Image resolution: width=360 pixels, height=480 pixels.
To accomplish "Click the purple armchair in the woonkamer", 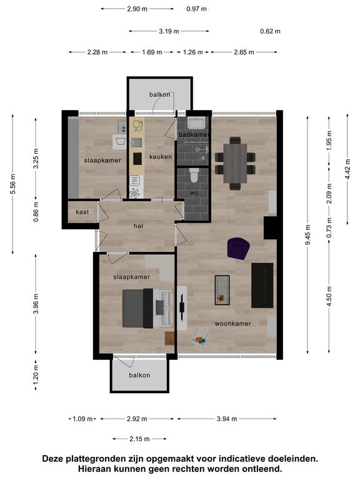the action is pyautogui.click(x=239, y=249).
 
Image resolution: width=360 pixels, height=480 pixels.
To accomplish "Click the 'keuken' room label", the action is pyautogui.click(x=161, y=157).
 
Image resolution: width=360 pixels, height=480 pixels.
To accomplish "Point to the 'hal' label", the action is pyautogui.click(x=138, y=226).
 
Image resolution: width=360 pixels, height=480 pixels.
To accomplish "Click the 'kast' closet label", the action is pyautogui.click(x=82, y=212).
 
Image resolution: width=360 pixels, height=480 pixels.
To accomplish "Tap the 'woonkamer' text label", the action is pyautogui.click(x=232, y=323).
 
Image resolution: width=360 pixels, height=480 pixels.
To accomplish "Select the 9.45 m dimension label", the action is pyautogui.click(x=307, y=234).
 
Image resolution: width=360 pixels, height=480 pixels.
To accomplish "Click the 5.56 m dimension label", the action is pyautogui.click(x=12, y=184).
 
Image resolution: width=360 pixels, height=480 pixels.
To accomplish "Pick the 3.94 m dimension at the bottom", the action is pyautogui.click(x=227, y=419).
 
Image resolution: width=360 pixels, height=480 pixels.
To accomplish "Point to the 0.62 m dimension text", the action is pyautogui.click(x=270, y=31).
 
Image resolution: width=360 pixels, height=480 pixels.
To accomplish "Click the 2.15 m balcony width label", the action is pyautogui.click(x=139, y=439).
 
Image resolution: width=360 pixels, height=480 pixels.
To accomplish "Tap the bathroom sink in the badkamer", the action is pyautogui.click(x=197, y=123).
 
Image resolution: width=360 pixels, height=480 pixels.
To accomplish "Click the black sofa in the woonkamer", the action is pyautogui.click(x=262, y=285).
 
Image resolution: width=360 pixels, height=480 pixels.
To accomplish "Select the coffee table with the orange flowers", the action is pyautogui.click(x=222, y=290).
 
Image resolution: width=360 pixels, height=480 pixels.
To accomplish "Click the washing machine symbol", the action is pyautogui.click(x=119, y=142).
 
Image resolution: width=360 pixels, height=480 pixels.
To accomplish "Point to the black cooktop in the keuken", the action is pyautogui.click(x=137, y=159).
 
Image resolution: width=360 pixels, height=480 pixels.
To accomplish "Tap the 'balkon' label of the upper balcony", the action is pyautogui.click(x=160, y=94).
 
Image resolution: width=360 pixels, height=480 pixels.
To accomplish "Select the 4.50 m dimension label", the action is pyautogui.click(x=329, y=296).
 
